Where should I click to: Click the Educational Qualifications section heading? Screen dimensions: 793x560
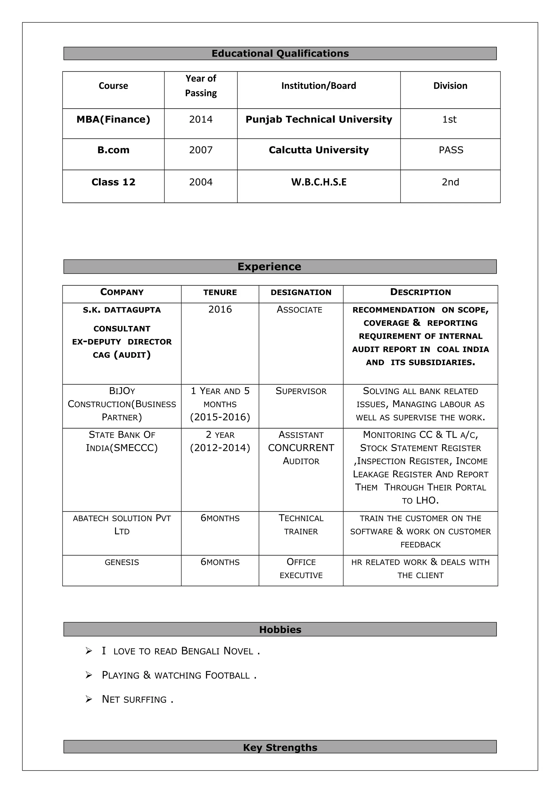coord(280,54)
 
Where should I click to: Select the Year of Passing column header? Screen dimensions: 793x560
coord(201,86)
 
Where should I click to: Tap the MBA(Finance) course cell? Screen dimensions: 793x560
coord(113,120)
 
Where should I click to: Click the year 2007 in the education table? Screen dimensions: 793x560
coord(201,150)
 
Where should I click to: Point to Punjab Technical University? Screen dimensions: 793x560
coord(319,120)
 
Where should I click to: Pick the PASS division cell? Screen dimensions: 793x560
coord(451,150)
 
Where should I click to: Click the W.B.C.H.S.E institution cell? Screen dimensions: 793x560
coord(319,182)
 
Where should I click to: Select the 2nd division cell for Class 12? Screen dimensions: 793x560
coord(450,182)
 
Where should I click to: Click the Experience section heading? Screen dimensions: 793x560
coord(269,267)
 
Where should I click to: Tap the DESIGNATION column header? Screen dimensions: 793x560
coord(301,293)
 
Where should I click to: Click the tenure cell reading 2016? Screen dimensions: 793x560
coord(220,309)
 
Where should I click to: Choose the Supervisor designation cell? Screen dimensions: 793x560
coord(301,391)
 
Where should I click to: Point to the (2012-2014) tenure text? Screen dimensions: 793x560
coord(220,448)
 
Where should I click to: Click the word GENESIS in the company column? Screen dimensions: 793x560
coord(122,563)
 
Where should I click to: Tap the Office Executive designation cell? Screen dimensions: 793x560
coord(301,569)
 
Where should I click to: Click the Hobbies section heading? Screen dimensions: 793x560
coord(280,630)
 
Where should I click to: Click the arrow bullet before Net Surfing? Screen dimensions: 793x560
coord(89,699)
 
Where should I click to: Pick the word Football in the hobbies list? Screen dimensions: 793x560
coord(227,675)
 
